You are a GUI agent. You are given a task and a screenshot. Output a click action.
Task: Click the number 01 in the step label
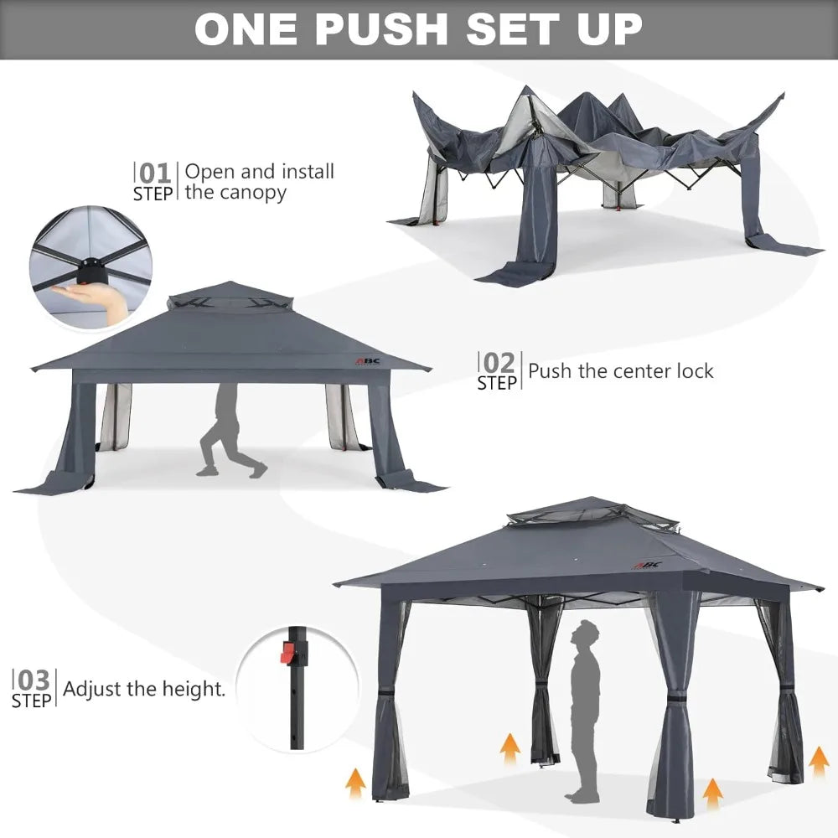pos(155,173)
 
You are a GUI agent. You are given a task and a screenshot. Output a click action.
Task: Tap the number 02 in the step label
pos(499,363)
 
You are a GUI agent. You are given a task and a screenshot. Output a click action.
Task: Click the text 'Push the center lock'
pos(621,370)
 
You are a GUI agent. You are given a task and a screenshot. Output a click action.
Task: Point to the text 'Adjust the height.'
pos(144,690)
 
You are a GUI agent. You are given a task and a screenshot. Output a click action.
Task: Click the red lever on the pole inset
pos(289,654)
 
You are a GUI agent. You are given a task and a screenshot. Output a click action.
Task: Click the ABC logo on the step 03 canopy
pos(647,564)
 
